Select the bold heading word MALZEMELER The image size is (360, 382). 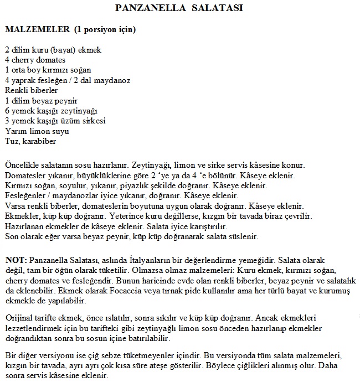(36, 28)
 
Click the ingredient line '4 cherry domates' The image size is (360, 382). (35, 60)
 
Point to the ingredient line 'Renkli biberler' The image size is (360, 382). (31, 90)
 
